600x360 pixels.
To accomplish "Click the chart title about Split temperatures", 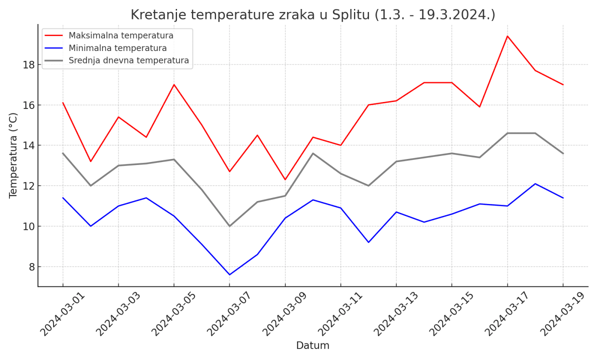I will (x=312, y=15).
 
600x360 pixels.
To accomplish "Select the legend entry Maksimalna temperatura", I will (x=120, y=35).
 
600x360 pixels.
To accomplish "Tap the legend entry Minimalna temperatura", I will (x=117, y=48).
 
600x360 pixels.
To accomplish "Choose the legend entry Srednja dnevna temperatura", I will (x=128, y=60).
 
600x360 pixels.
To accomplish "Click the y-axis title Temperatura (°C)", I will (x=13, y=155).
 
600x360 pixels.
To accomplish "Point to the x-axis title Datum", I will (x=312, y=345).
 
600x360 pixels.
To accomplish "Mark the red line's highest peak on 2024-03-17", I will (x=507, y=36).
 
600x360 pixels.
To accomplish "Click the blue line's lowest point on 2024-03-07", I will (x=229, y=274).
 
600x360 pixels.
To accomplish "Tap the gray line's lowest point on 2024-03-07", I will (x=229, y=226).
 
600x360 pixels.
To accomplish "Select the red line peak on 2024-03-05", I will (x=174, y=84).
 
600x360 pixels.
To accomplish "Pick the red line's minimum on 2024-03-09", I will (x=285, y=179).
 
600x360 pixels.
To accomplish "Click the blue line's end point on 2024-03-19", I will (x=563, y=198).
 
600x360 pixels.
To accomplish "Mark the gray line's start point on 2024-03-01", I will (x=63, y=153).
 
